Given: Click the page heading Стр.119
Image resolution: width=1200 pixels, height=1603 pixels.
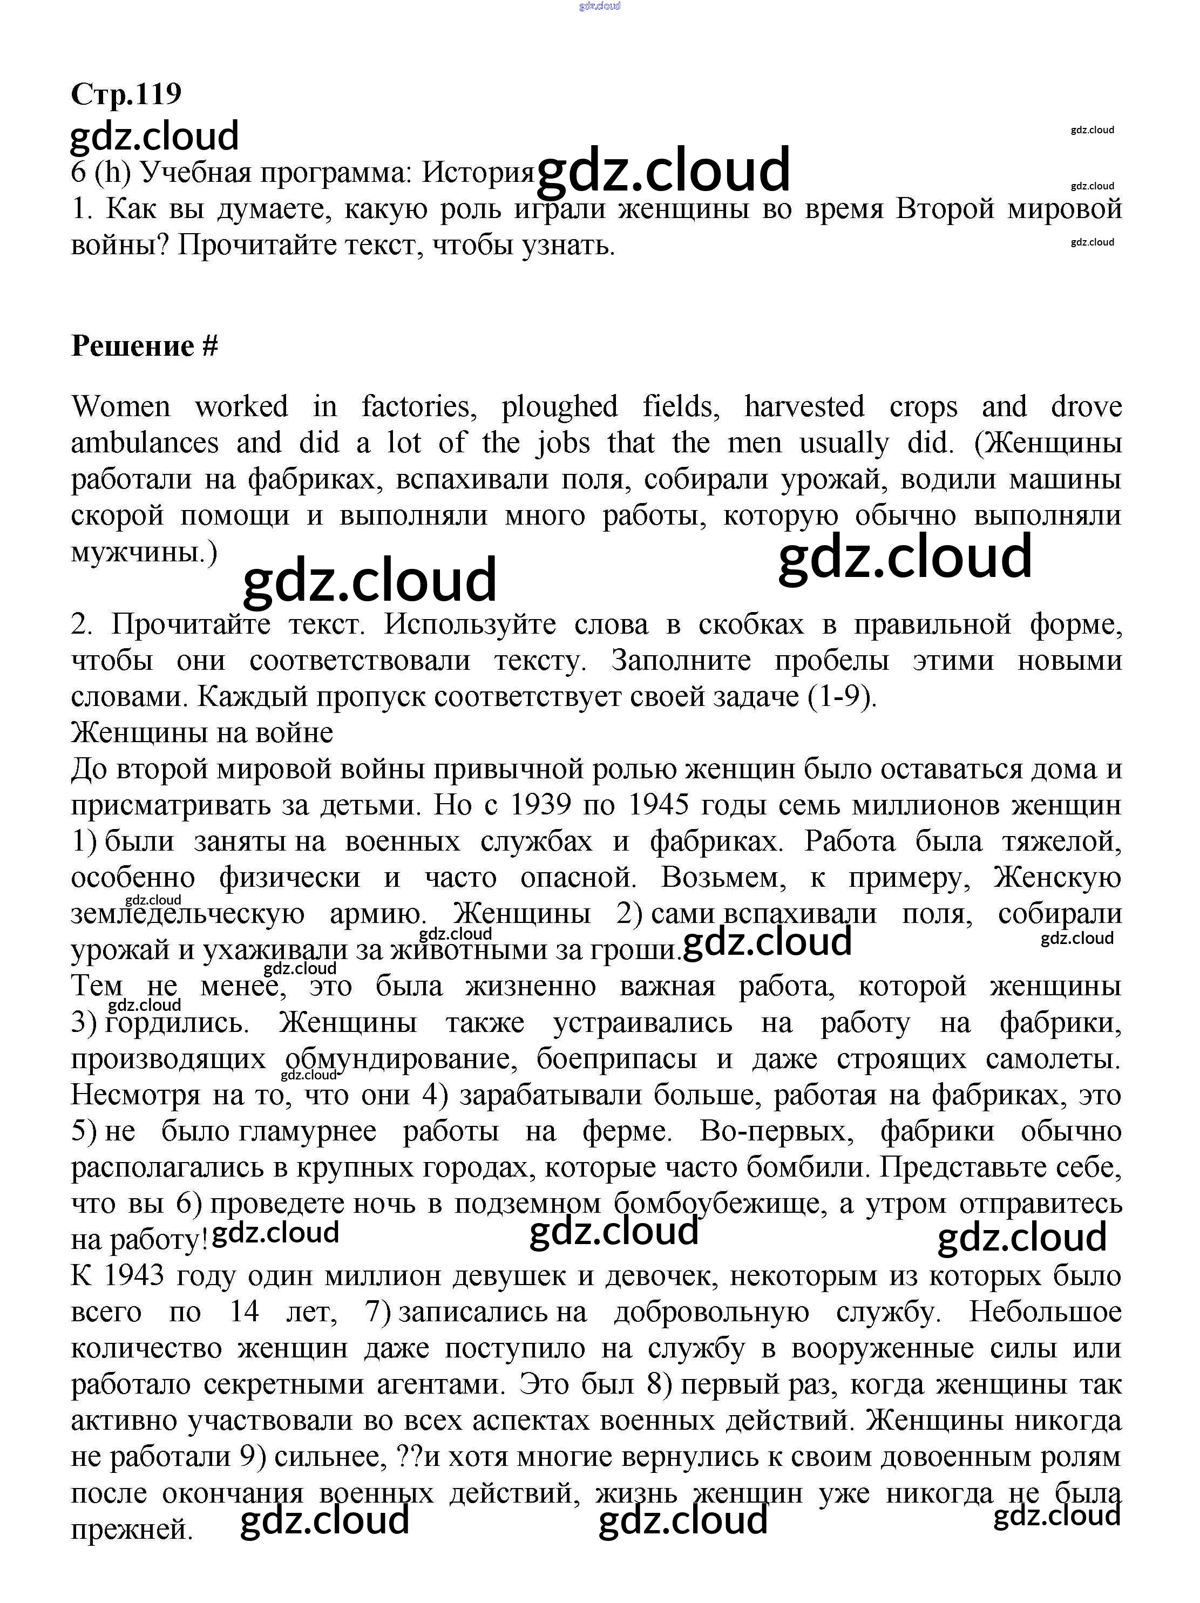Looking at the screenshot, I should (126, 93).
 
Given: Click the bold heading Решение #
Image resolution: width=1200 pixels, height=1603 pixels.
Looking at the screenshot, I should (144, 347).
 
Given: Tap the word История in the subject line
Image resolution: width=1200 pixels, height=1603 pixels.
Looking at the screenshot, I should (478, 173).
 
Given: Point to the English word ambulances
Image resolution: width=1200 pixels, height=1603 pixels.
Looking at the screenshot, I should (144, 443).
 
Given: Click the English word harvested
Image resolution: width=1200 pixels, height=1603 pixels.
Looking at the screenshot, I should (804, 406).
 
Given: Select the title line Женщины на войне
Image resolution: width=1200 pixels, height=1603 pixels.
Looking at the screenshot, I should (201, 732).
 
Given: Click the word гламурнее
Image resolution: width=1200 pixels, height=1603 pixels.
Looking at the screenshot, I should (307, 1131).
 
